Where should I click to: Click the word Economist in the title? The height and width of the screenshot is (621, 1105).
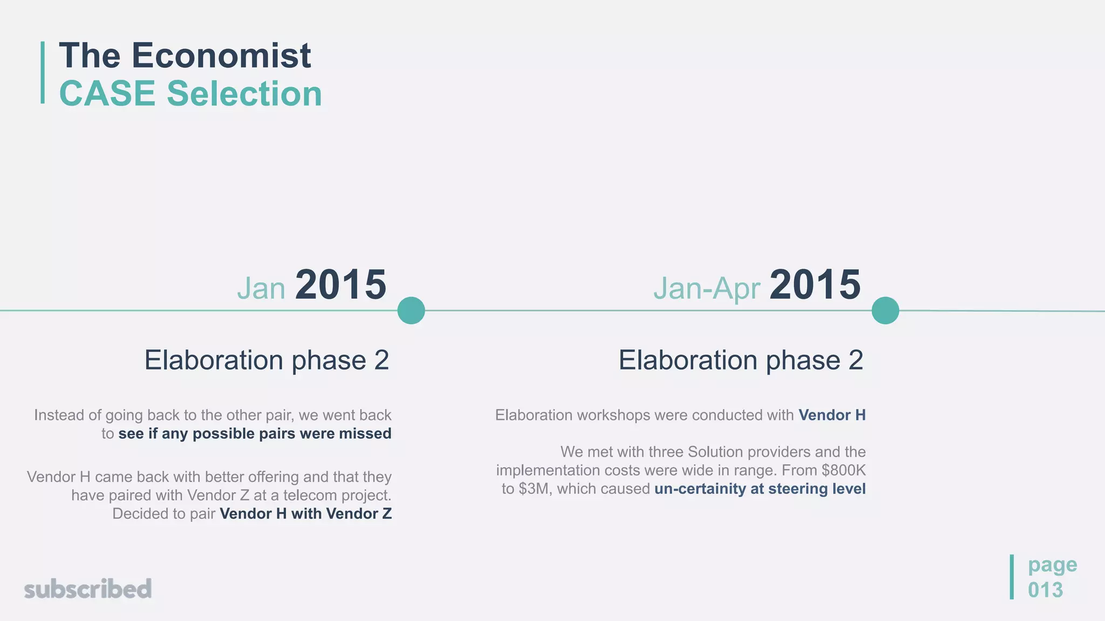tap(221, 56)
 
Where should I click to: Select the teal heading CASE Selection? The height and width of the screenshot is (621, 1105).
tap(190, 94)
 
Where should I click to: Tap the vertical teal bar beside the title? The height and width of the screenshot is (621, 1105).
tap(43, 72)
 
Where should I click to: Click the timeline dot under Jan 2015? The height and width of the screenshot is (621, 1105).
tap(411, 310)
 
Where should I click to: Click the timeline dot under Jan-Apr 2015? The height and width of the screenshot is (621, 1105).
tap(885, 310)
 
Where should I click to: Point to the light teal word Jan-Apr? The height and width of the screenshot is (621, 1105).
tap(706, 288)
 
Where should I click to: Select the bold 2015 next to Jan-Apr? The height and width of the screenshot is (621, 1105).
tap(815, 285)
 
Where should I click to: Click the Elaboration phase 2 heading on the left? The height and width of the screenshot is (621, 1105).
tap(267, 360)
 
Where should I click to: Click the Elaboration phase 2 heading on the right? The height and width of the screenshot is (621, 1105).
tap(740, 360)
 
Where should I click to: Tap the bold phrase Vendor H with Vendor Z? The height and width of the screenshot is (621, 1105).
tap(305, 514)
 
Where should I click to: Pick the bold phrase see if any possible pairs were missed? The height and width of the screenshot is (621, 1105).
tap(255, 434)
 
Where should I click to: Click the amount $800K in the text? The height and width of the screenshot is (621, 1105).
tap(843, 471)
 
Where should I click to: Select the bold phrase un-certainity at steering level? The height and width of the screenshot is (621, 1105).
tap(760, 489)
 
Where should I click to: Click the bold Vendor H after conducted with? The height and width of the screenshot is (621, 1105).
tap(832, 415)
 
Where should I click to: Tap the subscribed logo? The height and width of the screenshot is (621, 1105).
tap(88, 589)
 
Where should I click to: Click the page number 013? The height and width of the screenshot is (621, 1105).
tap(1045, 590)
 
